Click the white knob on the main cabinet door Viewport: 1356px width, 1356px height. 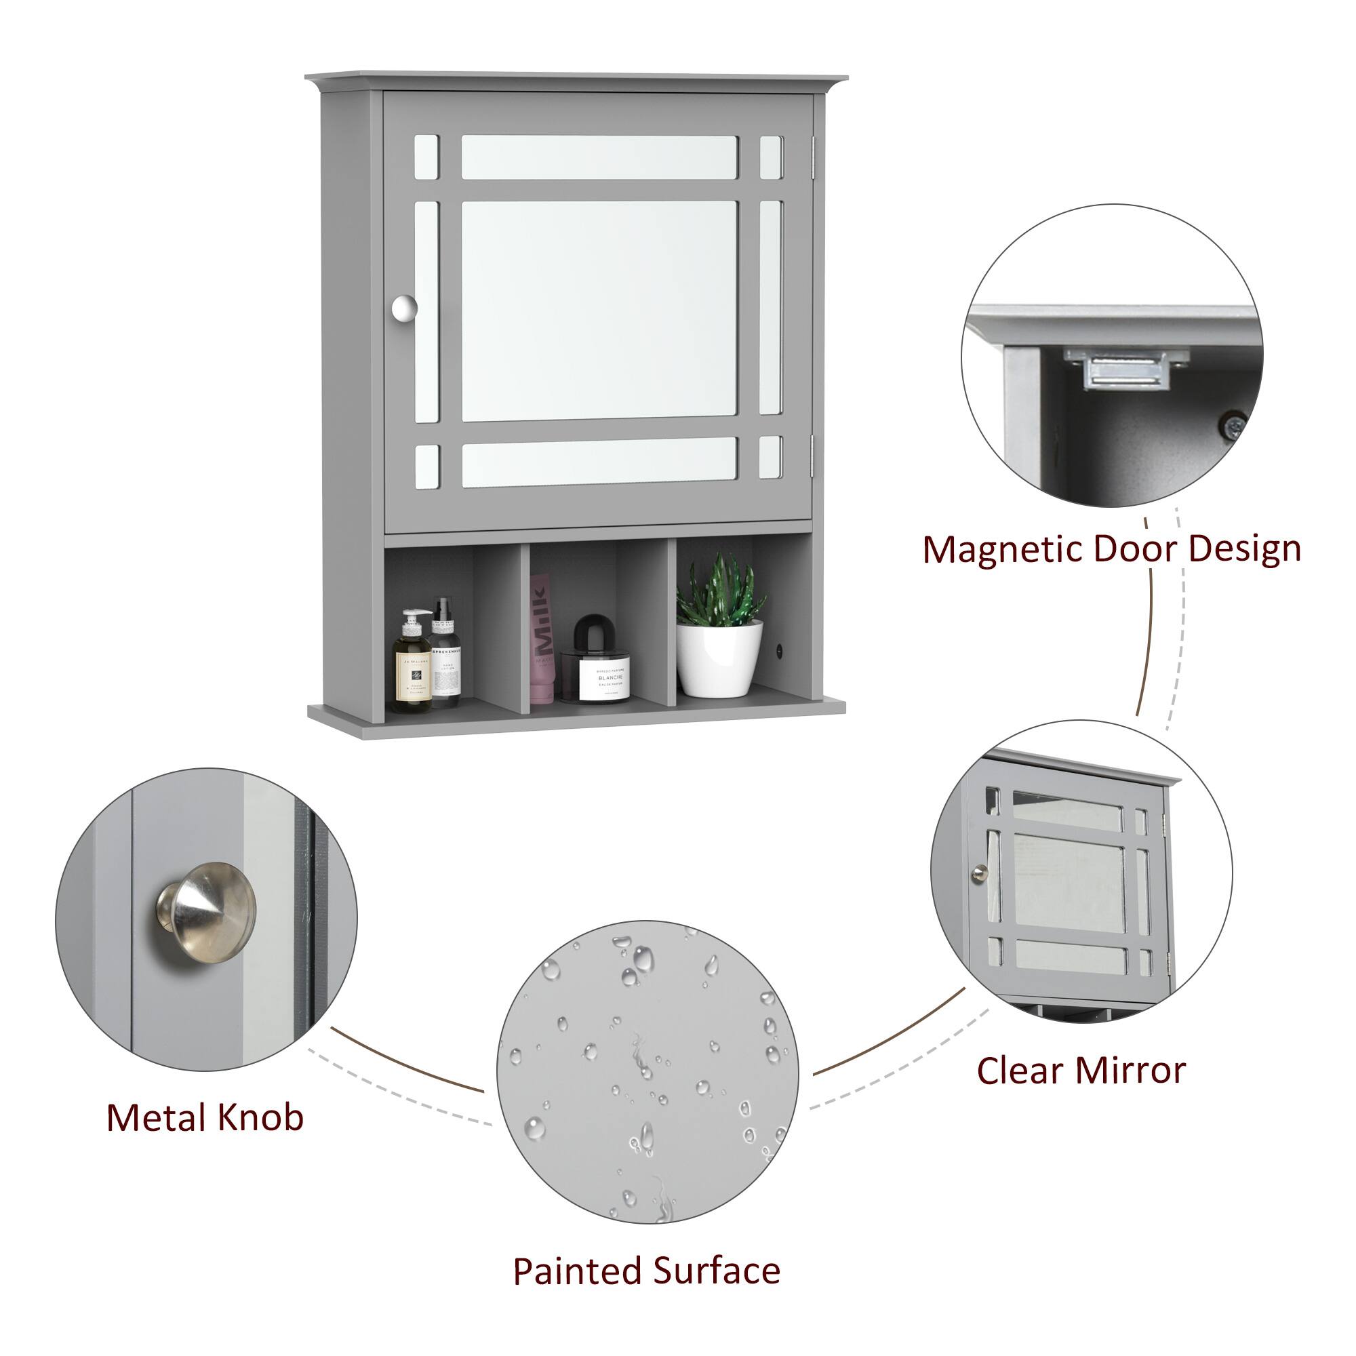tap(404, 307)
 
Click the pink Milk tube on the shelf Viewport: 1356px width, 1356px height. tap(540, 639)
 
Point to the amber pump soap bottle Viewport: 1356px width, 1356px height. tap(412, 663)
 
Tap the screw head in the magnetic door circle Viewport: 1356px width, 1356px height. tap(1233, 424)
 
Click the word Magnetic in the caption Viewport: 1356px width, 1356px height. tap(1002, 550)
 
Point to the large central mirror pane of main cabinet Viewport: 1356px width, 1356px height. tap(599, 311)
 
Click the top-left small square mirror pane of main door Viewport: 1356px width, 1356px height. tap(426, 157)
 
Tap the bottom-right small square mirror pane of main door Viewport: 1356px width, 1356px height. tap(770, 457)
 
